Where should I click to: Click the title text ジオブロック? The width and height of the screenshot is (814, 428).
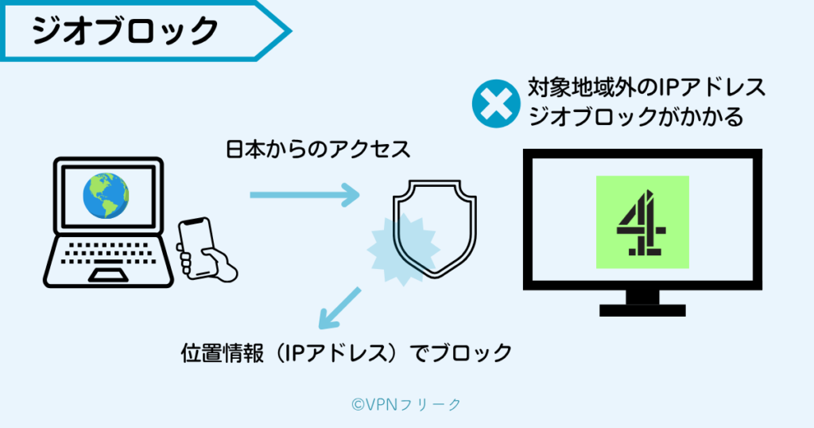point(125,31)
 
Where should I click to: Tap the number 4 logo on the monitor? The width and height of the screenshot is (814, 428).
point(642,222)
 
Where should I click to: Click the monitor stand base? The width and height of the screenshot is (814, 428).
point(642,307)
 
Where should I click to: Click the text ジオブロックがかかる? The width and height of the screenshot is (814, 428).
point(635,118)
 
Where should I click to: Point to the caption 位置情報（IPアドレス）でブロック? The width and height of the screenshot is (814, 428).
point(346,352)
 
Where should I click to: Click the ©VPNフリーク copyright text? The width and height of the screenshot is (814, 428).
point(406,404)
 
